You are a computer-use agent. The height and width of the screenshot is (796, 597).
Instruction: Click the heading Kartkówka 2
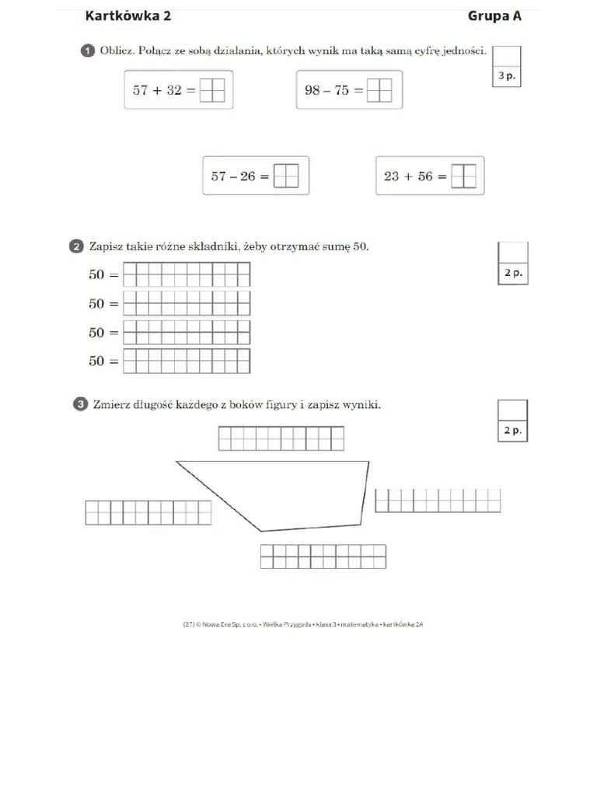pyautogui.click(x=127, y=16)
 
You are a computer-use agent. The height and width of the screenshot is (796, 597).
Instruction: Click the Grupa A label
pyautogui.click(x=494, y=16)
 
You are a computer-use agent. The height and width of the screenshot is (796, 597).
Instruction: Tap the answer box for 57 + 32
pyautogui.click(x=212, y=90)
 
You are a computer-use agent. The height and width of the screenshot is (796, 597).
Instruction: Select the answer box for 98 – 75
pyautogui.click(x=379, y=90)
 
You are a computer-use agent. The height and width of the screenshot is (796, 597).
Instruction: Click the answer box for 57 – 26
pyautogui.click(x=286, y=176)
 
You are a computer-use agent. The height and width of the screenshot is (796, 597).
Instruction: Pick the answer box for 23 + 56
pyautogui.click(x=463, y=176)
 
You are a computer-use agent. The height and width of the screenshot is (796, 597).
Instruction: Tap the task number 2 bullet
pyautogui.click(x=76, y=247)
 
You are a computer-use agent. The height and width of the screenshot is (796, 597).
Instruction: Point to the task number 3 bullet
pyautogui.click(x=81, y=404)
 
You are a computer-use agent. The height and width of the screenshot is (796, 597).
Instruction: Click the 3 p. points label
pyautogui.click(x=506, y=77)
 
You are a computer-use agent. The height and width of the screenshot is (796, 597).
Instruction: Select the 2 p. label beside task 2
pyautogui.click(x=512, y=274)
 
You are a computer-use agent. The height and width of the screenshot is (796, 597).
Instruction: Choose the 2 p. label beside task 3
pyautogui.click(x=512, y=431)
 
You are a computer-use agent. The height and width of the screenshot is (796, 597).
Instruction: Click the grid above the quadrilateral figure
pyautogui.click(x=281, y=438)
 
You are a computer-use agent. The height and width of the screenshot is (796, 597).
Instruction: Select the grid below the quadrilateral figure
pyautogui.click(x=323, y=557)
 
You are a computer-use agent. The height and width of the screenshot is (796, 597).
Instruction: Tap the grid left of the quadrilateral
pyautogui.click(x=148, y=513)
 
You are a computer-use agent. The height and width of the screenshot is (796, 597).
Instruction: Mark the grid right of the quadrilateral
pyautogui.click(x=438, y=501)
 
